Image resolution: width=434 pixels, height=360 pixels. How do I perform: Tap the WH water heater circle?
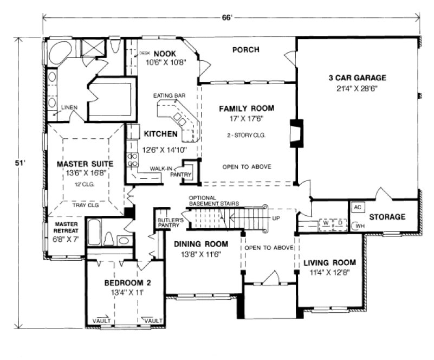[358, 227]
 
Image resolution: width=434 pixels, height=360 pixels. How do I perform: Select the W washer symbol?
[326, 222]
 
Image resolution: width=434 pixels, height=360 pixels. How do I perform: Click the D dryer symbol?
[340, 222]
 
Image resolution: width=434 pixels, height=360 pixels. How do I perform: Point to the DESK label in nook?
[144, 53]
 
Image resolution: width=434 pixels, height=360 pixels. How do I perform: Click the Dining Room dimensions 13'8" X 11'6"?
[200, 254]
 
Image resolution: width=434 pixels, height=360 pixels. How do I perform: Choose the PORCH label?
[245, 50]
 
